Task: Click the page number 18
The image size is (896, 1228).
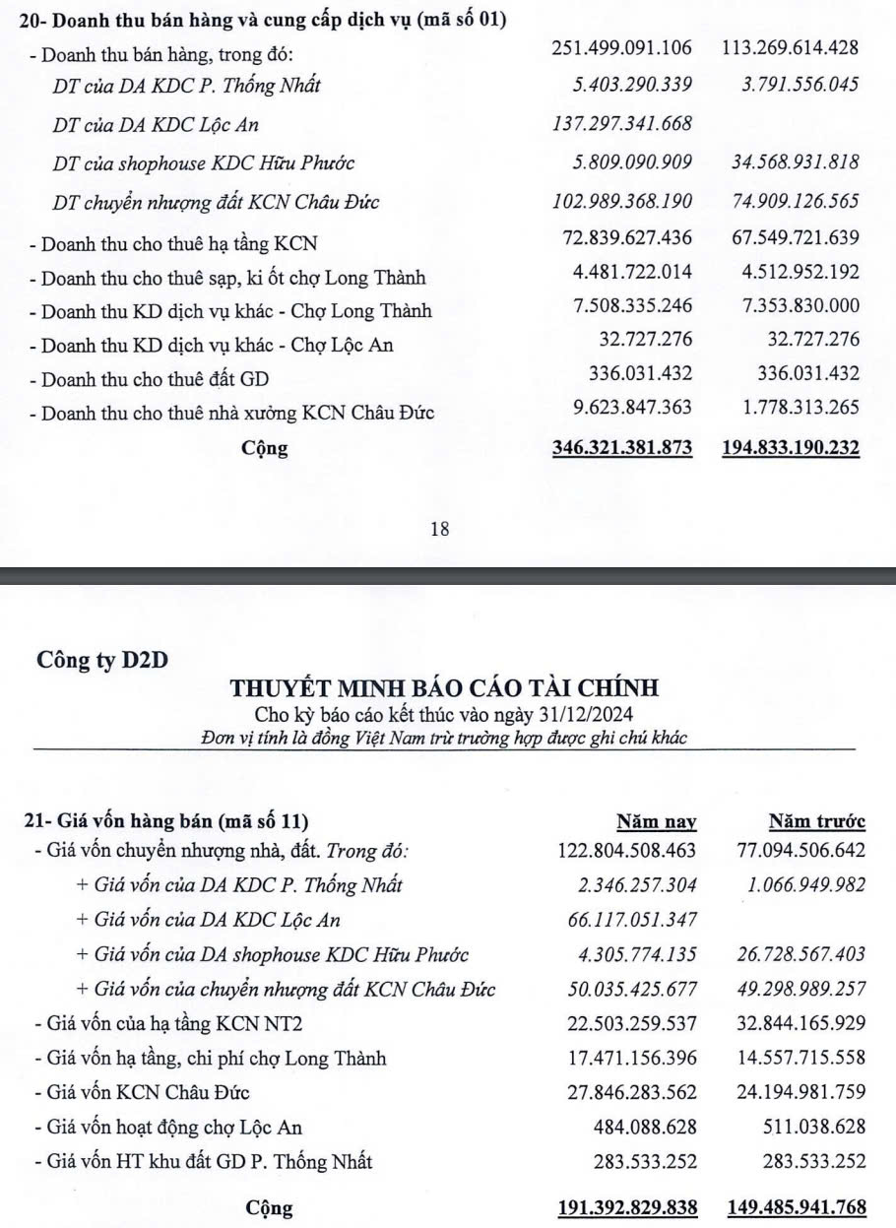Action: [440, 529]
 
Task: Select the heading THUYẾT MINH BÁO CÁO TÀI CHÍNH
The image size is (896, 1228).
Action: [444, 688]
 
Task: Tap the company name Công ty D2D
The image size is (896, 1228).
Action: [101, 660]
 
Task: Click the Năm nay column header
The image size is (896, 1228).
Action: [656, 821]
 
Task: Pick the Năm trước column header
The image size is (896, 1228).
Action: [816, 821]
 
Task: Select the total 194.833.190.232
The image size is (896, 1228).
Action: [792, 448]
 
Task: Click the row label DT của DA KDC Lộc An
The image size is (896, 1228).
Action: [157, 125]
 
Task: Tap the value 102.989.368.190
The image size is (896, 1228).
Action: [623, 201]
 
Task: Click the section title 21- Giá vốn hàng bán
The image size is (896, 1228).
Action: [165, 821]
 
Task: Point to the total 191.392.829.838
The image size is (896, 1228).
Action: [627, 1207]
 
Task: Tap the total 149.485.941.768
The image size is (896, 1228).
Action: [797, 1207]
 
